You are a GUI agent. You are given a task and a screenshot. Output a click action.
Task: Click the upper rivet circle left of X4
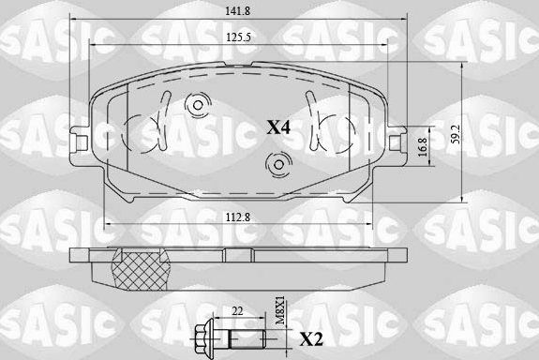coord(198,105)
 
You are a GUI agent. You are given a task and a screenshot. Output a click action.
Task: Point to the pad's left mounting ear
coord(80,143)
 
